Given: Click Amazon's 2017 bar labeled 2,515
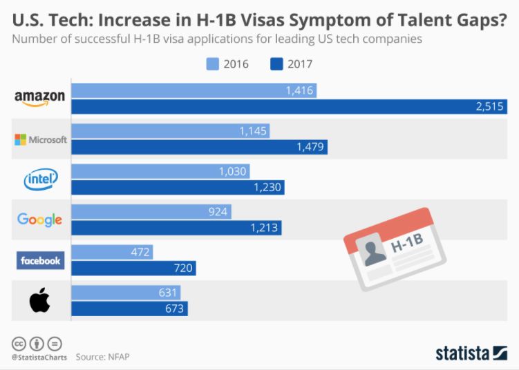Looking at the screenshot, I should click(290, 107).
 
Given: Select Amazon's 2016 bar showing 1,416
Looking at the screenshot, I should click(194, 90).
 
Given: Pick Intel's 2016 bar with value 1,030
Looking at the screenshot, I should click(160, 171).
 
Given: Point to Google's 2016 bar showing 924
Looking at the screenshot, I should click(151, 211).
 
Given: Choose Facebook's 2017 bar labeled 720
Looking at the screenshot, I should click(134, 268).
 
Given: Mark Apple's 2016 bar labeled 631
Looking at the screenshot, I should click(126, 292).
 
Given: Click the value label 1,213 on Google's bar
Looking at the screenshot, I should click(263, 228).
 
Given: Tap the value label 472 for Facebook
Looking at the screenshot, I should click(140, 252).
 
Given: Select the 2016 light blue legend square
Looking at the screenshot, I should click(213, 64).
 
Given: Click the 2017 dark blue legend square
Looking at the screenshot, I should click(277, 64).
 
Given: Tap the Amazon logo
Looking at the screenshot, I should click(39, 99).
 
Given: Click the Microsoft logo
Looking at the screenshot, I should click(41, 139).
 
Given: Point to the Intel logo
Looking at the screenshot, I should click(41, 179).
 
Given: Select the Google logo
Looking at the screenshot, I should click(40, 220).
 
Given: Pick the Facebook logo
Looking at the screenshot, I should click(40, 260).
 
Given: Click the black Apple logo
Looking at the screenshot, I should click(39, 300).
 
